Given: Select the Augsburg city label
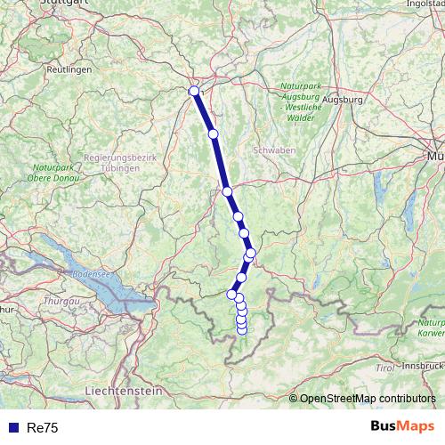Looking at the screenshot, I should pos(343,101).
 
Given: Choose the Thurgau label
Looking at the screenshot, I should pos(61,302).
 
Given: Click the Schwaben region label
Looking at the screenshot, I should pos(274,150).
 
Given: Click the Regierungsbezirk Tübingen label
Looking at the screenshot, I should pos(119,162).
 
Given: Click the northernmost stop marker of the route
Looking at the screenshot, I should pos(194,90).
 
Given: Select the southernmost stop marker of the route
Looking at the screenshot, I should pos(241,330).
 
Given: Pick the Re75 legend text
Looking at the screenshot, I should pos(43,428).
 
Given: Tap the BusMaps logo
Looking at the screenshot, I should pos(401,427).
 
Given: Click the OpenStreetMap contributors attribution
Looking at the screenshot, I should pos(362,399).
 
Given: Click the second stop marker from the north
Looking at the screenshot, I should pos(213,134).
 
